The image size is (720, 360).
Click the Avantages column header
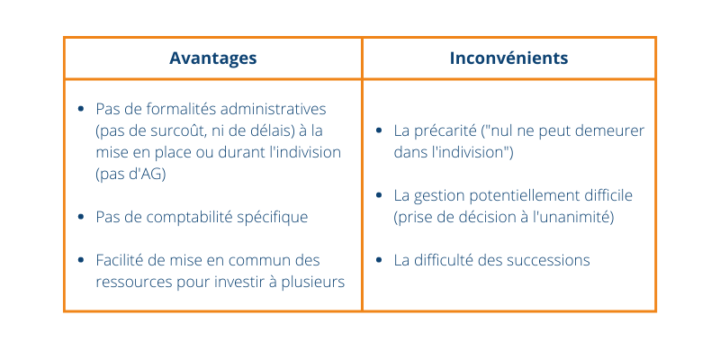[212, 58]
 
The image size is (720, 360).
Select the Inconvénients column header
[508, 58]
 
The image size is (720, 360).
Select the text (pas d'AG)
[130, 175]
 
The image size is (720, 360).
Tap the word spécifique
[273, 218]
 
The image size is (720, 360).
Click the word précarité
[445, 130]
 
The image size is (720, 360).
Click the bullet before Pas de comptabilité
[81, 217]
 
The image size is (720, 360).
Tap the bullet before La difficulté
[379, 260]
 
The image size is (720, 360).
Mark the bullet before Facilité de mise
[81, 260]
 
